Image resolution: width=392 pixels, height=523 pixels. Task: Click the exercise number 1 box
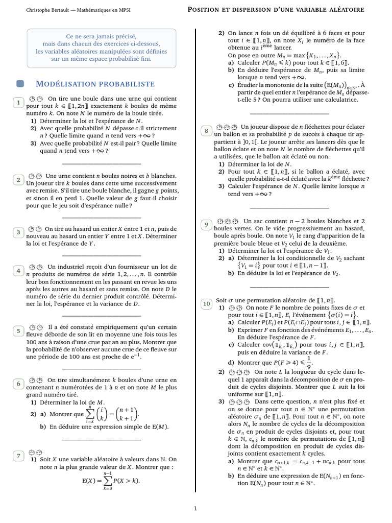18,103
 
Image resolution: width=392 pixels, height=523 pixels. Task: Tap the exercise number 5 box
18,330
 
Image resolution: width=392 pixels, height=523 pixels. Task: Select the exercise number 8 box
206,131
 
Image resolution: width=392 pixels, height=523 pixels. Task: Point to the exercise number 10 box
207,304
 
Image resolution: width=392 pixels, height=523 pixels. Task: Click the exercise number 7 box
18,456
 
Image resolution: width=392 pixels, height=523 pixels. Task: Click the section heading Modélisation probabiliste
95,84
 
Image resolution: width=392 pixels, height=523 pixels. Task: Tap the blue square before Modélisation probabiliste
20,84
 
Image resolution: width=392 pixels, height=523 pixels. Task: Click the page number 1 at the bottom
195,508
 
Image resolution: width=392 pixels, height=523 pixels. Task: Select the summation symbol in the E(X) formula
107,480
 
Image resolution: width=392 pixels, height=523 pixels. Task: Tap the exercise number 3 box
18,232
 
